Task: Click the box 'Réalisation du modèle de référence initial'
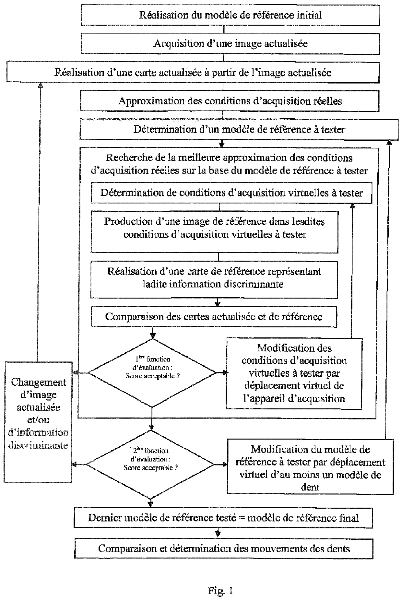(x=230, y=16)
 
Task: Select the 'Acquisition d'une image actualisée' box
(x=230, y=44)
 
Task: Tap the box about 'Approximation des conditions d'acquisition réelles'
(x=230, y=101)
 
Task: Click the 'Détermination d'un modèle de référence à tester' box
(x=239, y=130)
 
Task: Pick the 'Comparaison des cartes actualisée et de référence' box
(x=214, y=317)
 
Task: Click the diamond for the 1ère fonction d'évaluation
(x=152, y=373)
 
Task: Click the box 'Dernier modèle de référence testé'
(x=223, y=518)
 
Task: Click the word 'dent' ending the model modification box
(x=310, y=487)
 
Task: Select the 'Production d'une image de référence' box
(x=214, y=232)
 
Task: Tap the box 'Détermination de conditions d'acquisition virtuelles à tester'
(x=231, y=193)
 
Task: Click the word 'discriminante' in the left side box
(x=38, y=445)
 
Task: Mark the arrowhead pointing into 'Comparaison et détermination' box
(x=218, y=533)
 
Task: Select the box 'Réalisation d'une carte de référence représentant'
(x=214, y=277)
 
